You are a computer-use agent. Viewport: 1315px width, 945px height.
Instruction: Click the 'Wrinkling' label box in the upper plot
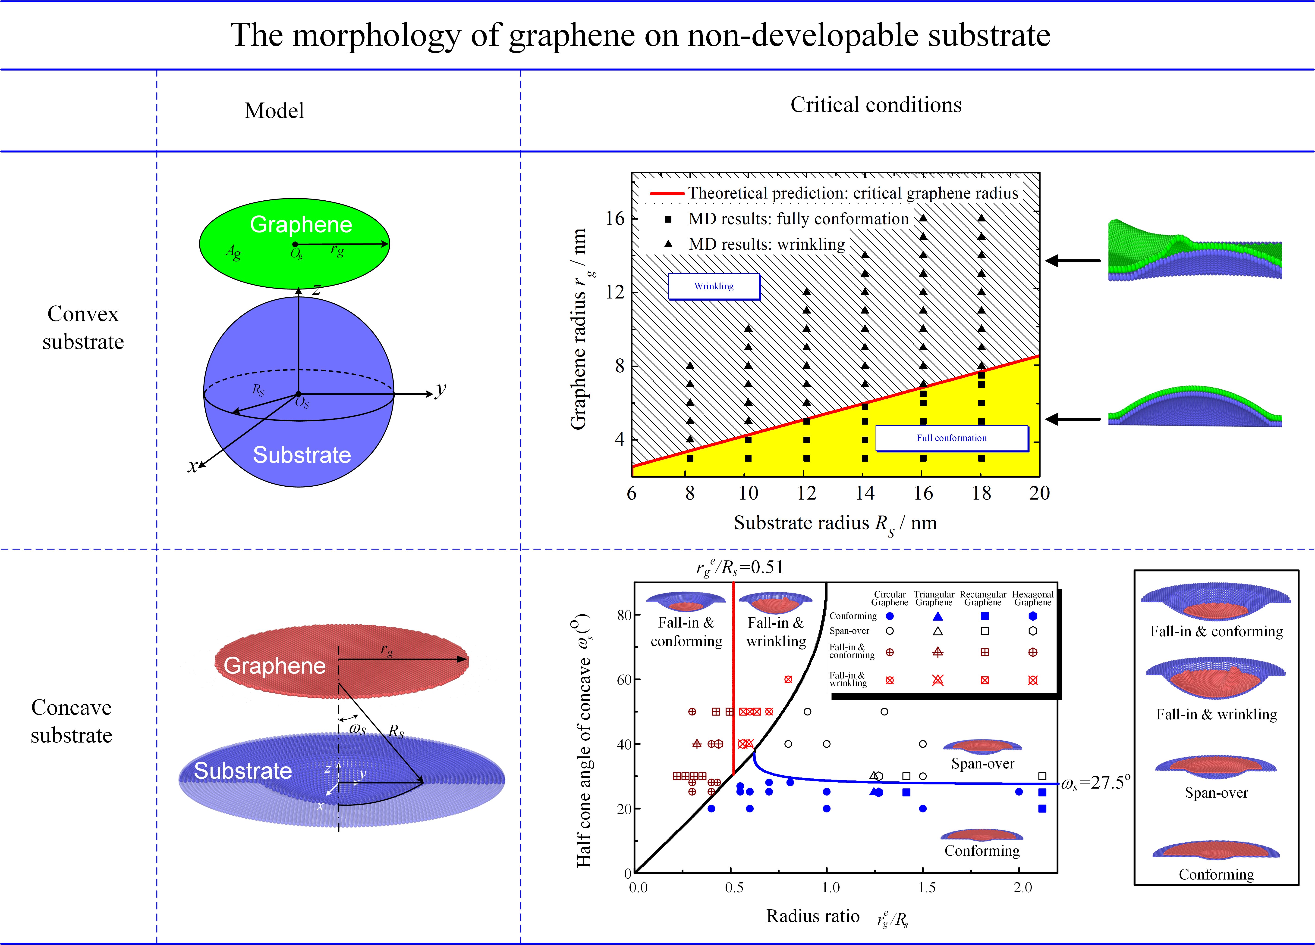click(714, 286)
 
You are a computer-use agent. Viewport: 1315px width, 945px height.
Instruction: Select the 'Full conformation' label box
click(951, 438)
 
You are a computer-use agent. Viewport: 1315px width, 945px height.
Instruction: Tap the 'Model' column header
click(274, 111)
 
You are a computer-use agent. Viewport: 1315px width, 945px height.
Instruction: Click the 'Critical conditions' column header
click(875, 105)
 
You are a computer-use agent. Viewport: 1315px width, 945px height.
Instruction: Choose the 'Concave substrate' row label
click(71, 721)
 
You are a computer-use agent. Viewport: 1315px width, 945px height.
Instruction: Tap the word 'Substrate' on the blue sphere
click(302, 455)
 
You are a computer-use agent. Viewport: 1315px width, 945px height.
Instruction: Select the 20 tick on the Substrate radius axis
click(1039, 493)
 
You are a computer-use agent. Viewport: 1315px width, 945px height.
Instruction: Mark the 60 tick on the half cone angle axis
click(624, 680)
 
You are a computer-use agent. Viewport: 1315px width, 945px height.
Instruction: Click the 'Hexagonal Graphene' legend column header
click(1033, 598)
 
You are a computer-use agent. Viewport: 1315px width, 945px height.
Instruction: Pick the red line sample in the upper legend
click(667, 193)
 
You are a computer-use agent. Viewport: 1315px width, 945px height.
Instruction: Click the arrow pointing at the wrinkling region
click(1073, 261)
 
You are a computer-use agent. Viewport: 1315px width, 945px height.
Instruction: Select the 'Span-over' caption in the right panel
click(1216, 793)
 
